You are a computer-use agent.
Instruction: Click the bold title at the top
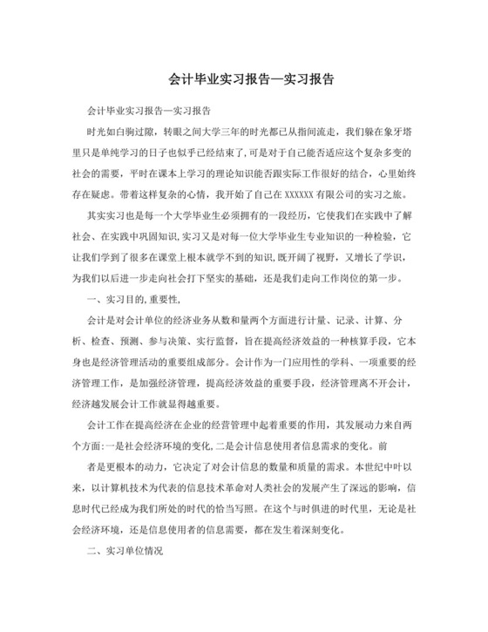pyautogui.click(x=243, y=78)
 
